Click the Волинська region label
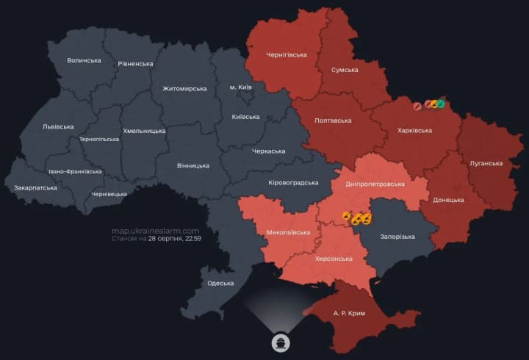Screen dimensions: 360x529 [x=84, y=60]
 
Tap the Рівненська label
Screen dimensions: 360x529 [x=135, y=64]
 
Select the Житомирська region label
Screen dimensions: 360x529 [x=184, y=88]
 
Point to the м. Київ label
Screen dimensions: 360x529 [x=240, y=87]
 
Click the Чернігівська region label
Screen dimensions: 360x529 [x=286, y=54]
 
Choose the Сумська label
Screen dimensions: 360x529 [x=345, y=70]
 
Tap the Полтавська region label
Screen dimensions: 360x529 [x=332, y=120]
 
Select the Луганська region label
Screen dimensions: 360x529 [x=486, y=163]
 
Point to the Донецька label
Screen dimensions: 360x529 [x=448, y=200]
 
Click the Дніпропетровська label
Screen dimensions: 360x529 [x=375, y=185]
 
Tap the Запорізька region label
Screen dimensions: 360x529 [x=397, y=237]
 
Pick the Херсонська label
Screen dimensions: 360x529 [x=333, y=259]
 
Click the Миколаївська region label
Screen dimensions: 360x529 [x=288, y=232]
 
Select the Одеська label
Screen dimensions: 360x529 [x=220, y=283]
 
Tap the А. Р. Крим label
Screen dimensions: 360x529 [x=349, y=313]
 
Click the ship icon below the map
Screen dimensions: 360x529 [x=281, y=342]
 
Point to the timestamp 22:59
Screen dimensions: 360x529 [x=192, y=239]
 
